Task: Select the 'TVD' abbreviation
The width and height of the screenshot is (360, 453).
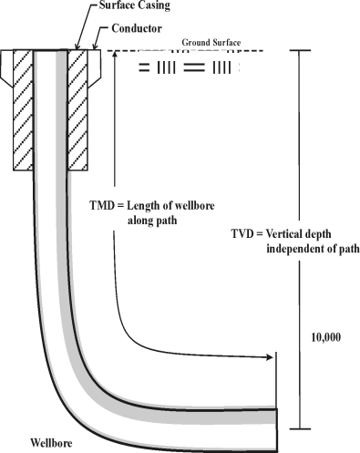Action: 245,234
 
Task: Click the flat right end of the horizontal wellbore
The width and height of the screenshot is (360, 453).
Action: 276,427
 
